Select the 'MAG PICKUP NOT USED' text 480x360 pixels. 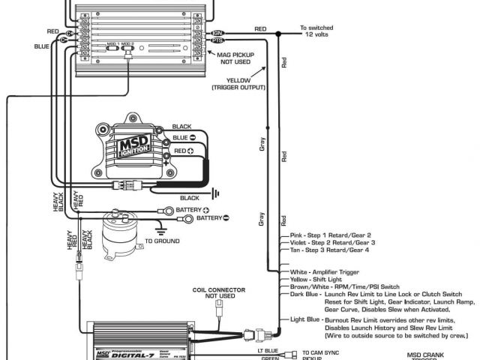pos(238,59)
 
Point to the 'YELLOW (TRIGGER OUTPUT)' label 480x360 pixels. pos(238,83)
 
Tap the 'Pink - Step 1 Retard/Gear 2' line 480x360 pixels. pos(331,235)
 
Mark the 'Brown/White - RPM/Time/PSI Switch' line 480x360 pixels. pos(345,286)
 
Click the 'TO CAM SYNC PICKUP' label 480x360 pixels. pos(321,354)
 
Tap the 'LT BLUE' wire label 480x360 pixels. pos(267,350)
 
